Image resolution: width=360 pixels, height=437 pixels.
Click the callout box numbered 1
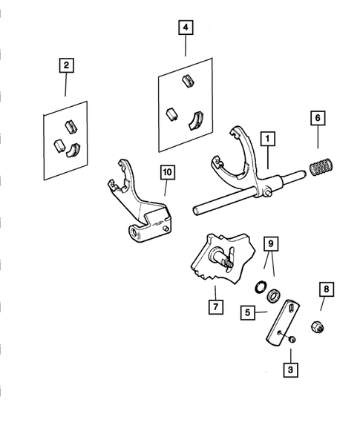tap(268, 139)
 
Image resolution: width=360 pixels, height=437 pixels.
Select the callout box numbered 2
tap(66, 65)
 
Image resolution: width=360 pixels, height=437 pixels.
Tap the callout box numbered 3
tap(290, 369)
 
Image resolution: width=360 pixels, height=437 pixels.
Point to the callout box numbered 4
tap(186, 27)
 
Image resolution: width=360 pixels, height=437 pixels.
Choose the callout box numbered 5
tap(248, 312)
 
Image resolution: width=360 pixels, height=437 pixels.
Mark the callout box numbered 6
tap(318, 118)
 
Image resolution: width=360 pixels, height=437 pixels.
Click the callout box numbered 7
tap(216, 307)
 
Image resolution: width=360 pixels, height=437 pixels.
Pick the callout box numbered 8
tap(327, 289)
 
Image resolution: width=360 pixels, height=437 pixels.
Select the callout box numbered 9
tap(271, 244)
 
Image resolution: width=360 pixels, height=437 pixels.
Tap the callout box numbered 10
tap(168, 172)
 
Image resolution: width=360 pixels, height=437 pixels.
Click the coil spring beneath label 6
tap(321, 167)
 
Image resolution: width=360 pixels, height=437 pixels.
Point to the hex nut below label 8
tap(318, 326)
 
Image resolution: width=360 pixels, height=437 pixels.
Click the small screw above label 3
tap(292, 339)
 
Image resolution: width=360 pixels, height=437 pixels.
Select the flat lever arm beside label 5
tap(283, 323)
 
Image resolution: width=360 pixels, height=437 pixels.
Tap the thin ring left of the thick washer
tap(261, 287)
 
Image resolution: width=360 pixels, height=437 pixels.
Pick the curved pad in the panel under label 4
tap(194, 120)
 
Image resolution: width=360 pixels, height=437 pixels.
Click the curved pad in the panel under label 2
tap(73, 150)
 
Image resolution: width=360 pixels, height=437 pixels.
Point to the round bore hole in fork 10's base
tap(134, 233)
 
